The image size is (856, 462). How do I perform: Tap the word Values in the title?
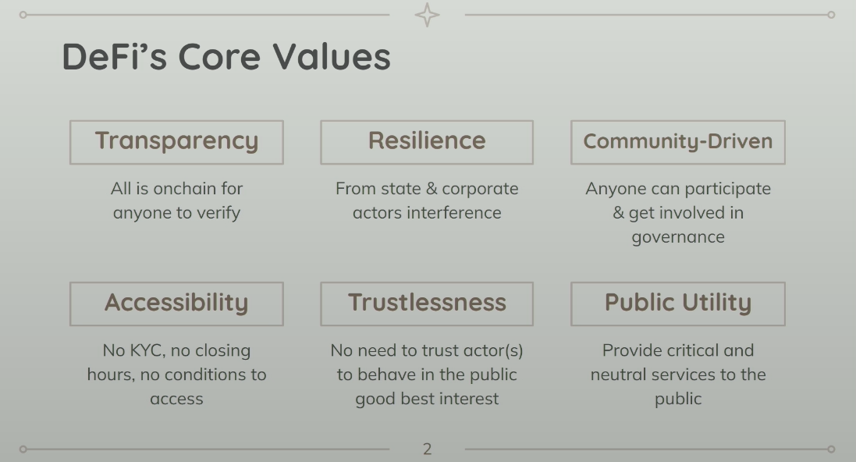(332, 56)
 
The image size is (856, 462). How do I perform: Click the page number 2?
(427, 449)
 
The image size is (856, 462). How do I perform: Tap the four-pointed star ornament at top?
(427, 15)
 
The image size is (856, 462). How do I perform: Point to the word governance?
(678, 237)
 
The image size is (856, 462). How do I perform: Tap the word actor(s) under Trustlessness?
(492, 350)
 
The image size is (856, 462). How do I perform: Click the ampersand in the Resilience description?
(432, 188)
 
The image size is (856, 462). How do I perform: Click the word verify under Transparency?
(218, 213)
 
